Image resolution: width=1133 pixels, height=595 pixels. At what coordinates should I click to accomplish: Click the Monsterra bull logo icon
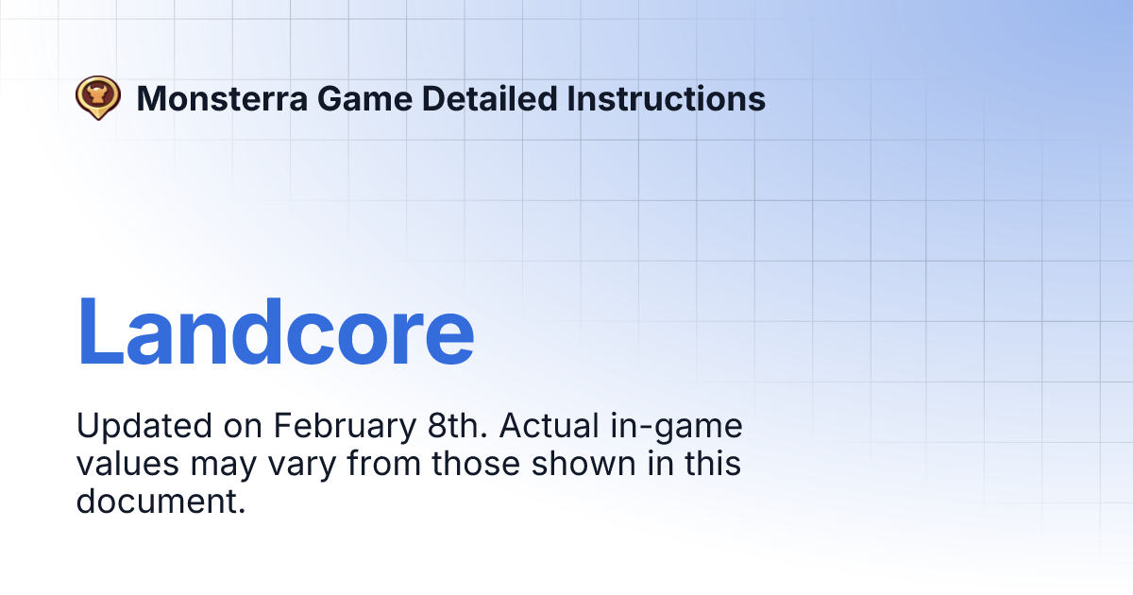(x=98, y=97)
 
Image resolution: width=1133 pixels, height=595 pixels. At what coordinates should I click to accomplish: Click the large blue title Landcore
(x=275, y=331)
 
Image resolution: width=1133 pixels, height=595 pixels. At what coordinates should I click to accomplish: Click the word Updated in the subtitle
(x=144, y=427)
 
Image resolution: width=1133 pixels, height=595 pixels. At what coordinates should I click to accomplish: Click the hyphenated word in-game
(x=680, y=427)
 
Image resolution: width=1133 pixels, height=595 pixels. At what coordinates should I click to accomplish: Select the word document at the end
(x=161, y=501)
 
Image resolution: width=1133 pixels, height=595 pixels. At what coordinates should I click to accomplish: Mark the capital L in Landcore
(x=104, y=331)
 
